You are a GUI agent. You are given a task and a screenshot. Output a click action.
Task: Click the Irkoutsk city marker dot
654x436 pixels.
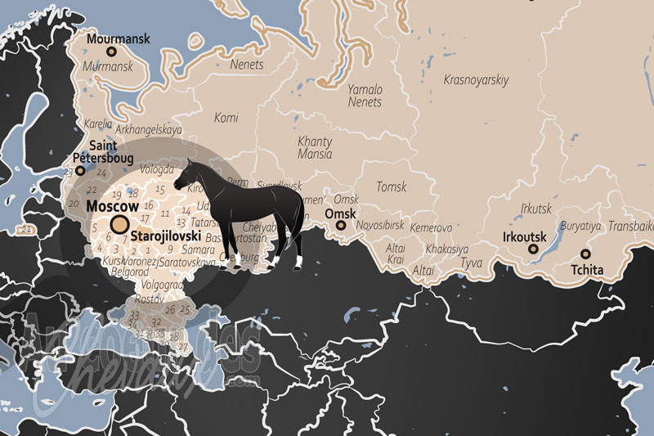click(x=533, y=249)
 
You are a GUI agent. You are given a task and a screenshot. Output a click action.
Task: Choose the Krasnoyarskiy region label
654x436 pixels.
click(x=476, y=80)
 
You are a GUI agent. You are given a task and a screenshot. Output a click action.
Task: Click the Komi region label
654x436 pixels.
click(x=226, y=118)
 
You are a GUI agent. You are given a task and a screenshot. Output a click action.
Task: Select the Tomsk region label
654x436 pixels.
click(x=391, y=187)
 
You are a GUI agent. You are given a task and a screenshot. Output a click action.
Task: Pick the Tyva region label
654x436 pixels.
click(x=472, y=263)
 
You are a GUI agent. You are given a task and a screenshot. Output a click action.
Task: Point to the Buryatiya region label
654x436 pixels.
click(x=580, y=226)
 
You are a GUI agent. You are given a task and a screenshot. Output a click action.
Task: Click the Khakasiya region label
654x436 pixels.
click(x=446, y=249)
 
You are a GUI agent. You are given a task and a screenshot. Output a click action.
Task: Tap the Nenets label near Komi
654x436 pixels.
click(x=246, y=65)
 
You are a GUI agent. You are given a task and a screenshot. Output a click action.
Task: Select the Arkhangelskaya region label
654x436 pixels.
click(x=149, y=129)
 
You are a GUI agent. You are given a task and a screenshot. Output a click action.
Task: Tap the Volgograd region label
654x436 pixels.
click(x=162, y=285)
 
